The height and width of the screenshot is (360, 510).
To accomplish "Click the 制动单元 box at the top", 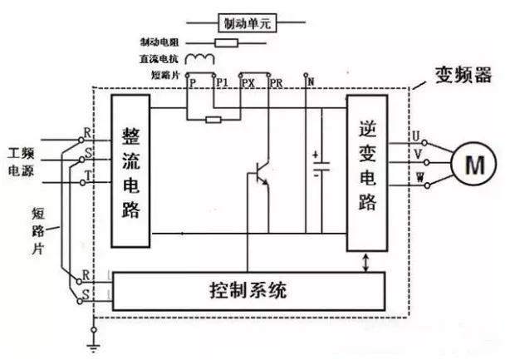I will tap(245, 22).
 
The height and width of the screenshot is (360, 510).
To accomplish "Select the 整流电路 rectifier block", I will tap(130, 170).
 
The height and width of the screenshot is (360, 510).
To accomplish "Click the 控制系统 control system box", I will tap(249, 292).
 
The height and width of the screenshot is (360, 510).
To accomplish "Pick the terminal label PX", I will tap(247, 83).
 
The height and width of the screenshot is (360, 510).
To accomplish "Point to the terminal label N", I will tap(310, 81).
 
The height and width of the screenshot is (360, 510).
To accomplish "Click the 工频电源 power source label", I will tap(23, 163).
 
